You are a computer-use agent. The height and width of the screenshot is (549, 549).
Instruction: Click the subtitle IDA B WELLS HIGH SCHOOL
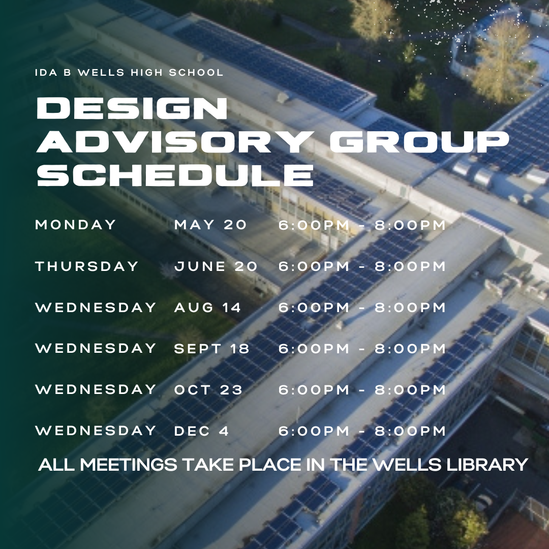[x=129, y=73]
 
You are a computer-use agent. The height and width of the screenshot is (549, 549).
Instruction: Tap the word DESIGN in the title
[x=132, y=108]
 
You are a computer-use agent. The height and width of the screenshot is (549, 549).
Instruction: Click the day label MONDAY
[x=76, y=225]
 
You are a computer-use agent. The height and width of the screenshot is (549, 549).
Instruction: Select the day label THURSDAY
[x=87, y=266]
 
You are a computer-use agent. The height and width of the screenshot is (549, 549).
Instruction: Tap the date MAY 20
[x=210, y=225]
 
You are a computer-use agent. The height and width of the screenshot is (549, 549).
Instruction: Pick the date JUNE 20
[x=216, y=266]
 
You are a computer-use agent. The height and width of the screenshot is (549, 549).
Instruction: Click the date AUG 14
[x=207, y=308]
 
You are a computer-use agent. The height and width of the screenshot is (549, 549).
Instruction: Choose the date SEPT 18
[x=212, y=349]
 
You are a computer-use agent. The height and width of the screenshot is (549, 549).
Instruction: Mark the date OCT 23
[x=208, y=390]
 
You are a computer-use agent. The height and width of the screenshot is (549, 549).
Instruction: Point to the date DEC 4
[x=201, y=431]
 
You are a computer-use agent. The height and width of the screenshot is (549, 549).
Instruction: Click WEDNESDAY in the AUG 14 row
[x=96, y=308]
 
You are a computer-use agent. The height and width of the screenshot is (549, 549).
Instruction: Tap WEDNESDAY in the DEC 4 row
[x=96, y=431]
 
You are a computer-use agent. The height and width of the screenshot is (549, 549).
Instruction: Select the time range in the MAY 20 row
[x=362, y=225]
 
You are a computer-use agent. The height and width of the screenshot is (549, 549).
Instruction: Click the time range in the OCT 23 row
[x=362, y=390]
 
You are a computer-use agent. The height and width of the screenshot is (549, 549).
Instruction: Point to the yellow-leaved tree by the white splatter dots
[x=503, y=59]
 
